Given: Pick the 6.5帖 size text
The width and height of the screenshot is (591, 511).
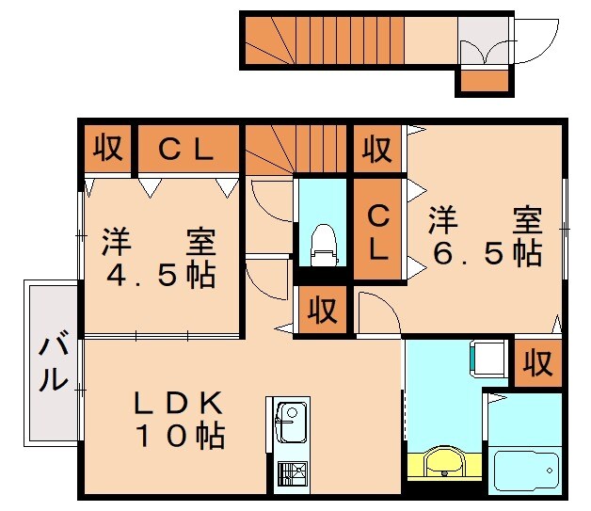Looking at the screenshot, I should point(485,253).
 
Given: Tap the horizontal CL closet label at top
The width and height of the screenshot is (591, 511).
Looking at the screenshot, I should point(186,149).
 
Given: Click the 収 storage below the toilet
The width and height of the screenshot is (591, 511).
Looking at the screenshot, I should point(323,310).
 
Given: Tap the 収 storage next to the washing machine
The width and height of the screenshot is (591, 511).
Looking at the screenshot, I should point(537,361).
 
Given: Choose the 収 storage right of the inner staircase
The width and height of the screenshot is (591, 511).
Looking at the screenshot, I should point(377,149).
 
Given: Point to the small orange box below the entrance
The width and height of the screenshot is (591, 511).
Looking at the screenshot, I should point(484,82).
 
